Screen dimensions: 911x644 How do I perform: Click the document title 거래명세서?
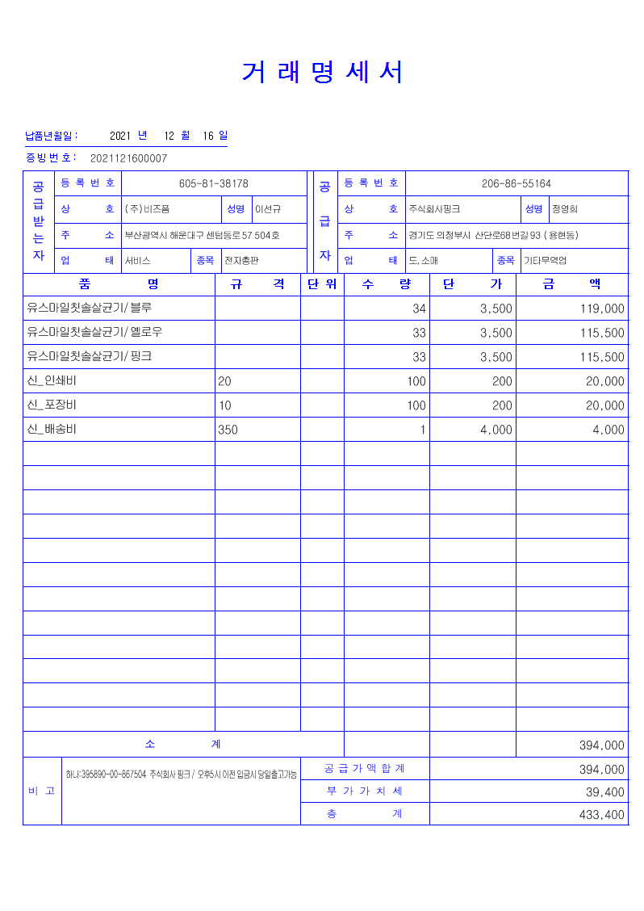(322, 73)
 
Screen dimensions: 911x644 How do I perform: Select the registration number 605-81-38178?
(213, 184)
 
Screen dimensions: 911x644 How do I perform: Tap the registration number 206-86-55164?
(516, 184)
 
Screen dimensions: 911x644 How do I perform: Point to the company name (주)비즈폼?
(147, 209)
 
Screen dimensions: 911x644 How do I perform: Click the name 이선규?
(268, 209)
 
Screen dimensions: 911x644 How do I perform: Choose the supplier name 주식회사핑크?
(434, 209)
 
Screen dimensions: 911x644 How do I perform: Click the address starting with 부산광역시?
(202, 236)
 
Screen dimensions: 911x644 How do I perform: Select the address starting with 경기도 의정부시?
(493, 236)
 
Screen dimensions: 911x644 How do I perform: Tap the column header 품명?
(119, 284)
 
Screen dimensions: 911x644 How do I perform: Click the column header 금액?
(571, 284)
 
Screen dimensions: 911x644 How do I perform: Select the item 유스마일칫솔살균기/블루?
(90, 308)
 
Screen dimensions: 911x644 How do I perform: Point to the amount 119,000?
(602, 309)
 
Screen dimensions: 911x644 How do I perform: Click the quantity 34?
(419, 309)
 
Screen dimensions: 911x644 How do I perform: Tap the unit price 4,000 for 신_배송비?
(496, 430)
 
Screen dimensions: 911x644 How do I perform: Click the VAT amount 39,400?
(604, 792)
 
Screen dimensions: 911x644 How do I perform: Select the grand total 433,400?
(602, 815)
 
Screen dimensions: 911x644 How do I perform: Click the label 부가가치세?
(365, 791)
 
